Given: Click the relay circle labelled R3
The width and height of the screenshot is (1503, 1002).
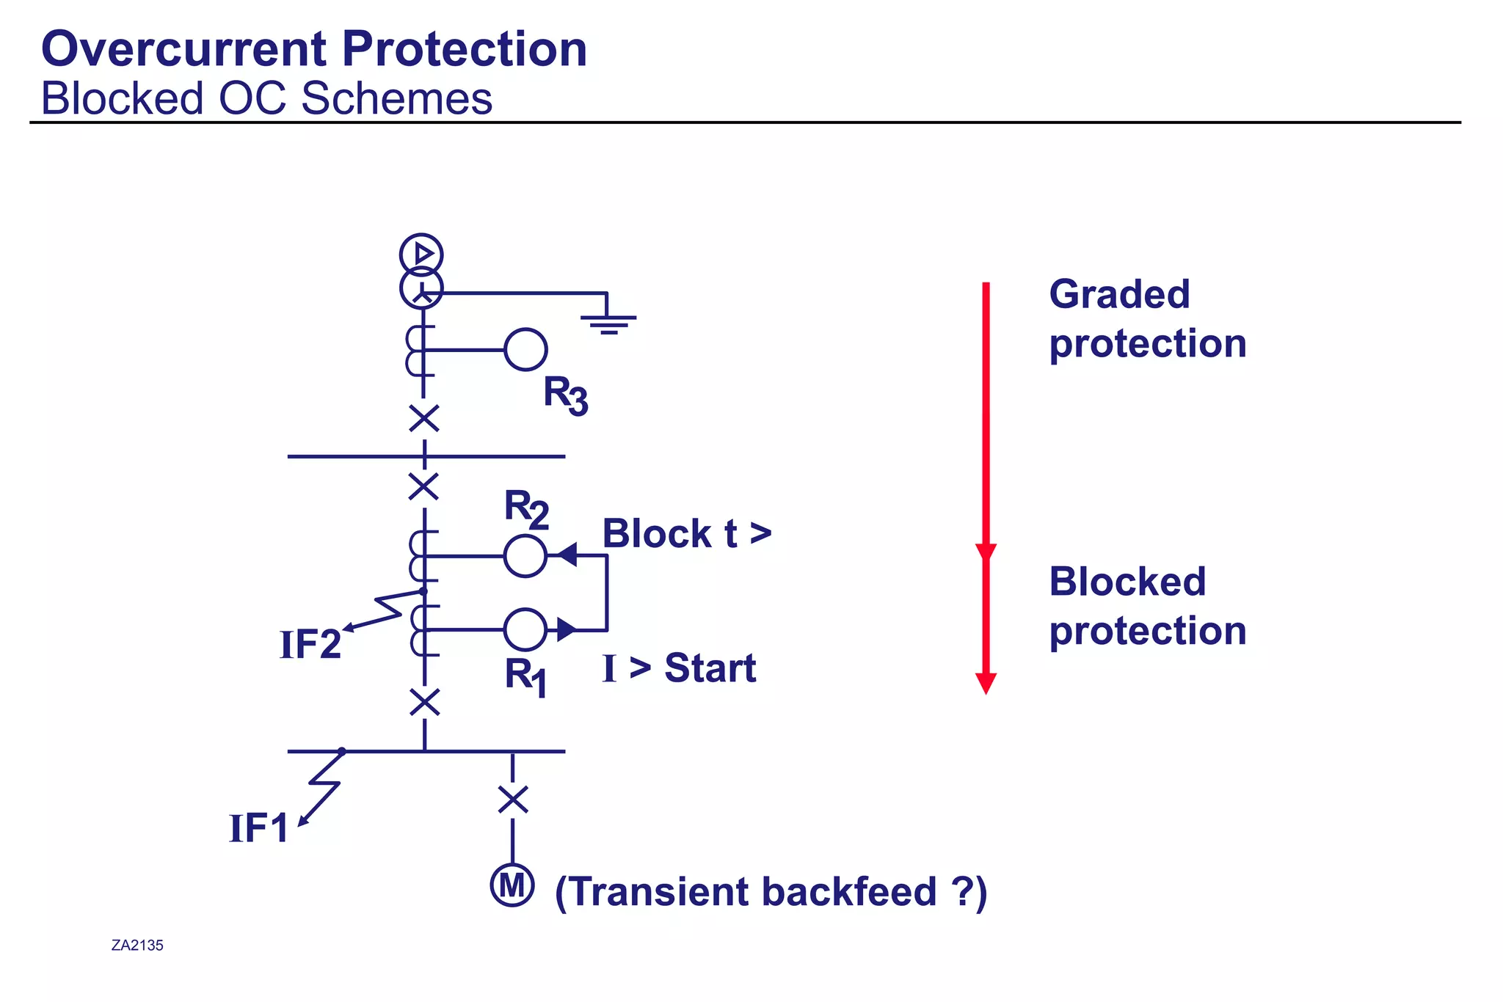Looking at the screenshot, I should (x=525, y=349).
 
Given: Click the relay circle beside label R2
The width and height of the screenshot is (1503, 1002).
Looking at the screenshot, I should (x=525, y=556).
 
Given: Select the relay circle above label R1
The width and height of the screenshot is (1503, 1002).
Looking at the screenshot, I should (x=525, y=629).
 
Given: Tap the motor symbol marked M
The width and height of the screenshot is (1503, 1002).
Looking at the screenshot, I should (x=512, y=885).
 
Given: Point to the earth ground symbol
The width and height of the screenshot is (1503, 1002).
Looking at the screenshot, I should (x=608, y=322).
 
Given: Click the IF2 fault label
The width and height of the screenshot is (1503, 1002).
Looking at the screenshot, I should (x=310, y=646).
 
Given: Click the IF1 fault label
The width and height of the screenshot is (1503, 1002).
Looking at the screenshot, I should (x=258, y=829).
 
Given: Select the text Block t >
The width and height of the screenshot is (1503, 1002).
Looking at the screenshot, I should (x=687, y=533).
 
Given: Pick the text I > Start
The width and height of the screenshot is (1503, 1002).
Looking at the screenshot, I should (x=679, y=668).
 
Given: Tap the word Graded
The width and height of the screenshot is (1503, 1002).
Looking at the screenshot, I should (x=1119, y=294).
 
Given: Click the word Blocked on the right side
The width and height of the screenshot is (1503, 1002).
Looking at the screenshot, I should (x=1127, y=582).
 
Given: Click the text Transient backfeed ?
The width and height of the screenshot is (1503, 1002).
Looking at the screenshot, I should (x=771, y=892).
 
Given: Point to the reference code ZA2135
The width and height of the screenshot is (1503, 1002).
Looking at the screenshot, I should (x=137, y=946).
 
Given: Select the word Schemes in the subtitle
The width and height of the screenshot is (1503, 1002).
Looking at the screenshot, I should (x=397, y=98).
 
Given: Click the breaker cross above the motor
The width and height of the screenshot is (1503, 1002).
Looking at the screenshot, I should (x=512, y=800).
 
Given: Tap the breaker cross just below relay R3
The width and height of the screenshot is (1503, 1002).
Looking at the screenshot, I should (x=424, y=419).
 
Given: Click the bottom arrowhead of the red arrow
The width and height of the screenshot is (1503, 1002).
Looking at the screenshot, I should (x=986, y=683).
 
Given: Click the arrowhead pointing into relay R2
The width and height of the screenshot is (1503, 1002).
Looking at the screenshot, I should (x=567, y=555).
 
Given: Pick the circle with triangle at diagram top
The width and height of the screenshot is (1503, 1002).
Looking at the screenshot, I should (x=421, y=255).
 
